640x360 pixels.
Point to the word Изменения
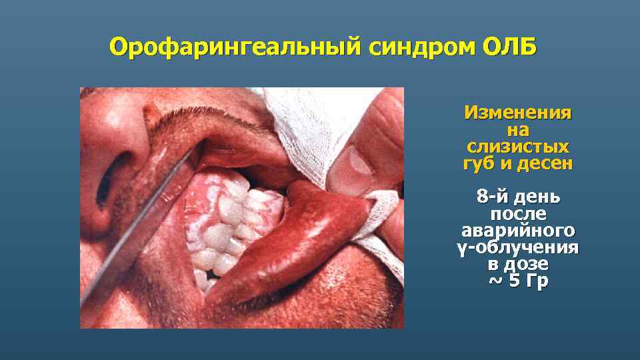point(517,113)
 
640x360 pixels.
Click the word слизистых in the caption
point(517,146)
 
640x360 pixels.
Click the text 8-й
point(493,198)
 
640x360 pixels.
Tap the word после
point(518,215)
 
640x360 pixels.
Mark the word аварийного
point(518,231)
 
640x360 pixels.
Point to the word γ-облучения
point(518,248)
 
